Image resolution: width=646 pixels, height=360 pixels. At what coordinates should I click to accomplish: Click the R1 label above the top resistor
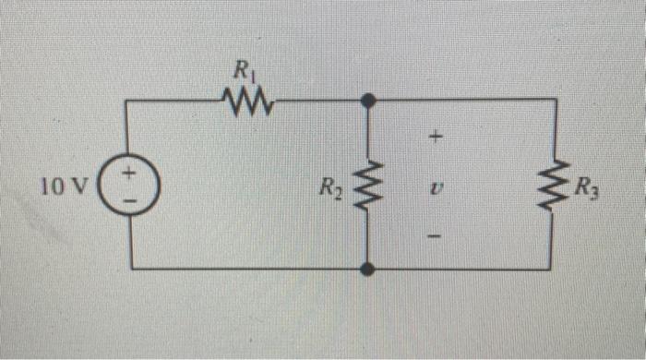(x=244, y=69)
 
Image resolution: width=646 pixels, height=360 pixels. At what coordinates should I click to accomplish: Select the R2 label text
(x=329, y=189)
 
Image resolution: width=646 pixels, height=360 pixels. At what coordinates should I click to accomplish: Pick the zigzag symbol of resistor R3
(x=556, y=184)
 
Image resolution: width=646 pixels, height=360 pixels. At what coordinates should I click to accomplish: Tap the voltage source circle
(x=130, y=185)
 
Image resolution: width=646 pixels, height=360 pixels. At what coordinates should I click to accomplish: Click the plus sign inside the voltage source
(x=130, y=173)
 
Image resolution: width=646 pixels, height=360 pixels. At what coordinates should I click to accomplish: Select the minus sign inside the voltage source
(x=130, y=198)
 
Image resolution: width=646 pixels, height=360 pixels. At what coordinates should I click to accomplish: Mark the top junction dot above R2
(x=367, y=99)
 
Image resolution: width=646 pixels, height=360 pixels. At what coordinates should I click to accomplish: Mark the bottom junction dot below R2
(x=367, y=269)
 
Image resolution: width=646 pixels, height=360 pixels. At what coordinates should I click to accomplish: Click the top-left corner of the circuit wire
(x=129, y=99)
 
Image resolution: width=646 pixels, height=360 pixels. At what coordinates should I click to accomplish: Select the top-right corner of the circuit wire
(x=556, y=99)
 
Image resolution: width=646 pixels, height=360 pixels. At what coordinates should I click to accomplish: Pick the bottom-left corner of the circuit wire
(x=130, y=269)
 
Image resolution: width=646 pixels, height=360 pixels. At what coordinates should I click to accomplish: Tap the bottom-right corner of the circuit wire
(x=555, y=269)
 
